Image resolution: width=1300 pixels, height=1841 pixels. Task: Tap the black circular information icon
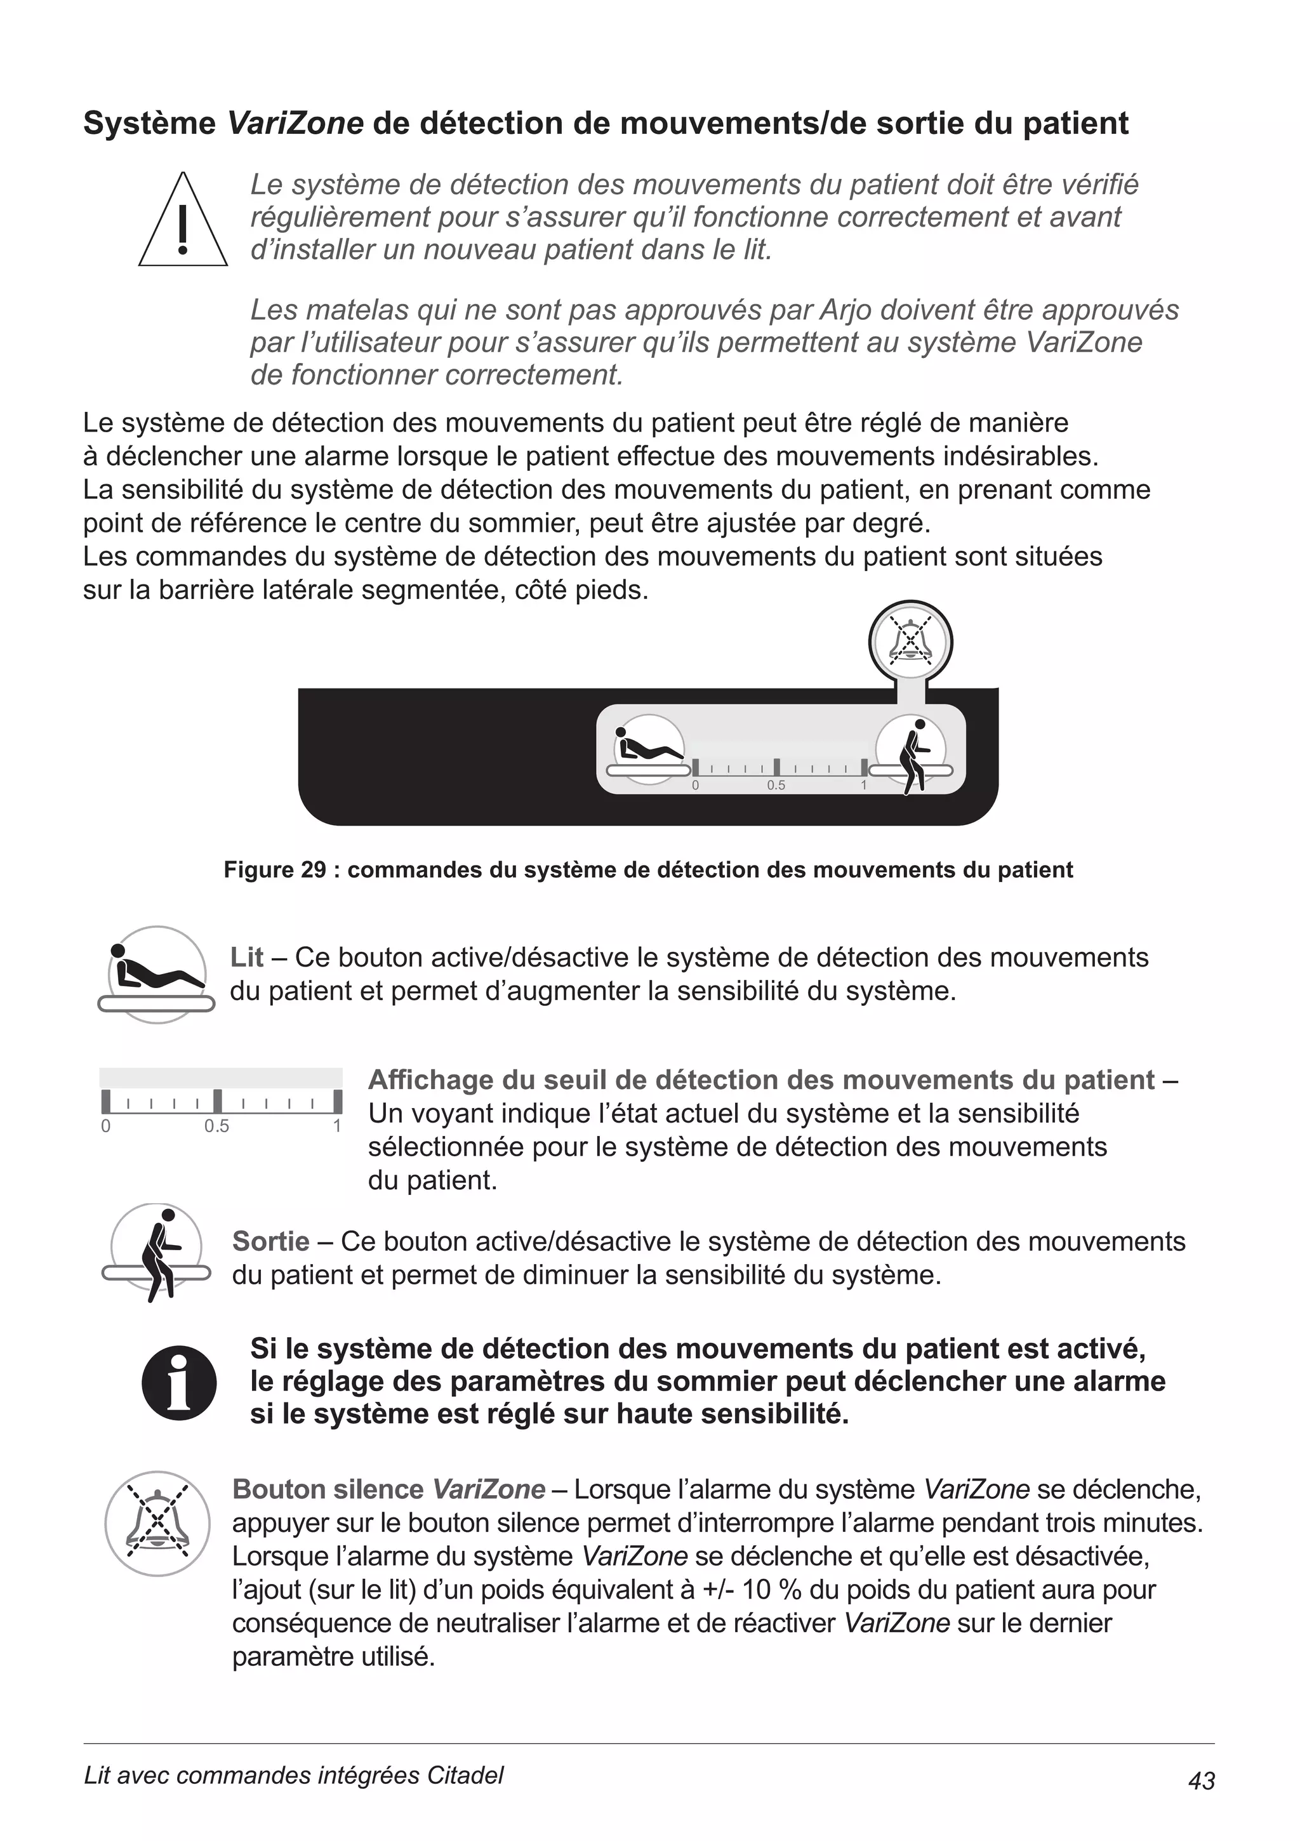(x=179, y=1382)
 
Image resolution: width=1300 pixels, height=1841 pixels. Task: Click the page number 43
(x=1202, y=1781)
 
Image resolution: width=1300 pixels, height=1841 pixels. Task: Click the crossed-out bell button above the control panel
(x=910, y=642)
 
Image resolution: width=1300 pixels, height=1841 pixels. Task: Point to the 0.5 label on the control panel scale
(x=776, y=786)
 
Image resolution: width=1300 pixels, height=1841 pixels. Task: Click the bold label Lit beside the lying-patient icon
(x=246, y=958)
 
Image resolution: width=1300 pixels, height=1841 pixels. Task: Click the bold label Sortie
(x=270, y=1241)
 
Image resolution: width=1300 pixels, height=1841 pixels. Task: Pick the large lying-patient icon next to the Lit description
(x=157, y=974)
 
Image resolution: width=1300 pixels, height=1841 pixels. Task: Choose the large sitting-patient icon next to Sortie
(x=157, y=1251)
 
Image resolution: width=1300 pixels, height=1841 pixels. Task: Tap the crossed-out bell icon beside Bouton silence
(x=157, y=1524)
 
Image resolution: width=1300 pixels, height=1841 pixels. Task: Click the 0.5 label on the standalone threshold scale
(x=216, y=1126)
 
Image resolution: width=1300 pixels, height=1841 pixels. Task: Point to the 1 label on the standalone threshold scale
(x=337, y=1126)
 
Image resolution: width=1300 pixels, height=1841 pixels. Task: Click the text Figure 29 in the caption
(x=274, y=870)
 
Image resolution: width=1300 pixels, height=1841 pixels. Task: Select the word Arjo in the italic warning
(x=847, y=310)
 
